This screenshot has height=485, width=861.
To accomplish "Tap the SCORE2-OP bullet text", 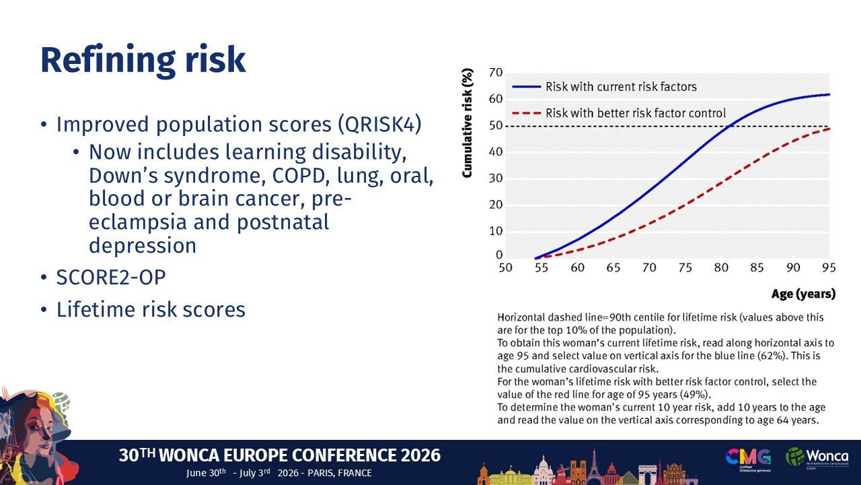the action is (111, 277).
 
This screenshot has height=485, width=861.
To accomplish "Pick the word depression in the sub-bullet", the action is (143, 246).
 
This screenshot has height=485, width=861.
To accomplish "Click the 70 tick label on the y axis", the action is (496, 73).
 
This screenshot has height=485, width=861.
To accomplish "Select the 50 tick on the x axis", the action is (505, 267).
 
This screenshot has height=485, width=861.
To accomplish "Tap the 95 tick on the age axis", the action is (829, 267).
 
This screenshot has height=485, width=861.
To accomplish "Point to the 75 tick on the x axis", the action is (685, 267).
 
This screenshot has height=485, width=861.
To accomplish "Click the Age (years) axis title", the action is (803, 294).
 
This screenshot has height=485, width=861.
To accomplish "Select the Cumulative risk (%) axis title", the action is (467, 123).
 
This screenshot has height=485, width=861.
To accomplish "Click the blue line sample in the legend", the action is (526, 87).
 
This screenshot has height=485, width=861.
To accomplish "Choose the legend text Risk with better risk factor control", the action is (636, 113).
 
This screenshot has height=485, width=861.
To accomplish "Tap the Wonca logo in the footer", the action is (817, 457).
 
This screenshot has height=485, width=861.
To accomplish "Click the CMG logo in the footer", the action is (748, 459).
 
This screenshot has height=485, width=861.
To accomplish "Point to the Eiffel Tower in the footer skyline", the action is (594, 467).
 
